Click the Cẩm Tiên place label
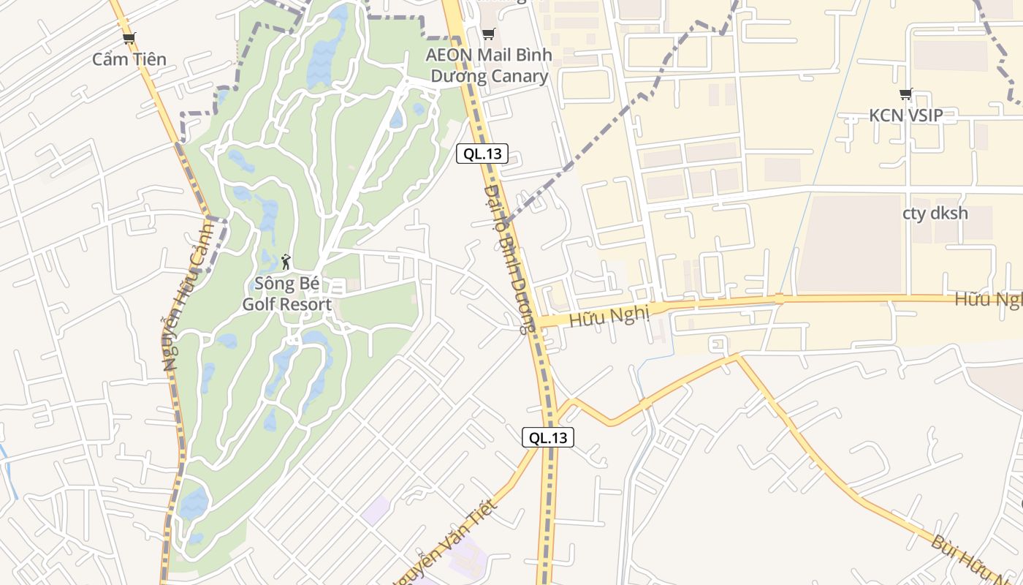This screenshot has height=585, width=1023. (x=129, y=59)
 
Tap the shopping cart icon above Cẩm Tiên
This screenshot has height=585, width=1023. (x=129, y=38)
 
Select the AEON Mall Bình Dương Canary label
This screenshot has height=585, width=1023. (x=489, y=66)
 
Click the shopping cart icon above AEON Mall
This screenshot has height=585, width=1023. (x=489, y=34)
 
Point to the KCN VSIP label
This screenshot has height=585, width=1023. (x=905, y=115)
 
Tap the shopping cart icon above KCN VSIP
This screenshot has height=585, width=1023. (x=906, y=94)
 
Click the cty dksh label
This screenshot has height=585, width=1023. (x=935, y=214)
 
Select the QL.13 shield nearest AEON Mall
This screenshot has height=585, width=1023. (x=482, y=154)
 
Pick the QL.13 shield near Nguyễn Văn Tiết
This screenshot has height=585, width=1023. (x=548, y=438)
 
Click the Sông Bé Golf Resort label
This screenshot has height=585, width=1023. (x=286, y=294)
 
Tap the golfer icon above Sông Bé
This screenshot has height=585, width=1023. (x=286, y=261)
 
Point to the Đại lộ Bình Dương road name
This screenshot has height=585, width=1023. (x=510, y=260)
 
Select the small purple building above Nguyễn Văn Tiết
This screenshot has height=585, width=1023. (x=376, y=509)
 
